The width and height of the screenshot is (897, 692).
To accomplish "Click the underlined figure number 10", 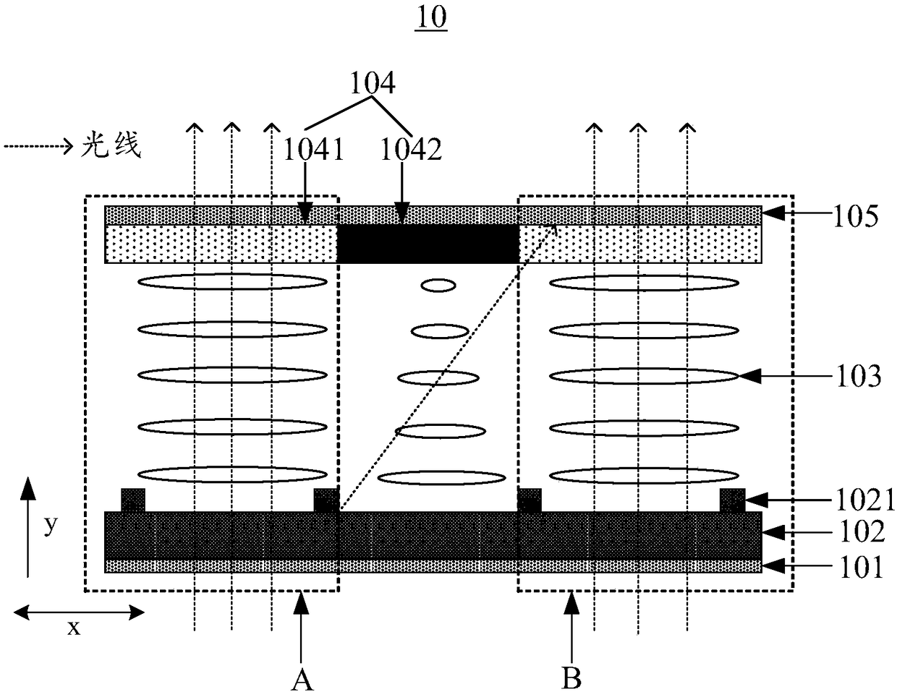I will point(431,18).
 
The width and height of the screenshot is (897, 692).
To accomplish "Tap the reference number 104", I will point(373,84).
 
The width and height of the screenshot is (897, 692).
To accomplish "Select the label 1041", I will point(313,150).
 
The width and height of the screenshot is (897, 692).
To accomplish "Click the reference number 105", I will point(855,215).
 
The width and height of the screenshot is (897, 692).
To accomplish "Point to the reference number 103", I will point(856,376).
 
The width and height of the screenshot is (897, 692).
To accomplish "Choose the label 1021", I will point(865,500).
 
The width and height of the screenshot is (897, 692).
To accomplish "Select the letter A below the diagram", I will point(302,678).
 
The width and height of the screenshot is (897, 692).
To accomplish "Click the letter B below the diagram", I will point(571,678).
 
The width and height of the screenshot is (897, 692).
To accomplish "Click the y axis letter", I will point(50,525).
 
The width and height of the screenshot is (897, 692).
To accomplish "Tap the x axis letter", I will point(73,628).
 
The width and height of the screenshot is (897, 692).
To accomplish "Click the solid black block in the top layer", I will point(428,244).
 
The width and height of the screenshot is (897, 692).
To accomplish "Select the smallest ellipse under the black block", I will point(438,286).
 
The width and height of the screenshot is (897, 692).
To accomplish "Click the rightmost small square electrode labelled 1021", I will point(732,500).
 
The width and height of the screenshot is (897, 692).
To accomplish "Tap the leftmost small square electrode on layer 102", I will point(132,500).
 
